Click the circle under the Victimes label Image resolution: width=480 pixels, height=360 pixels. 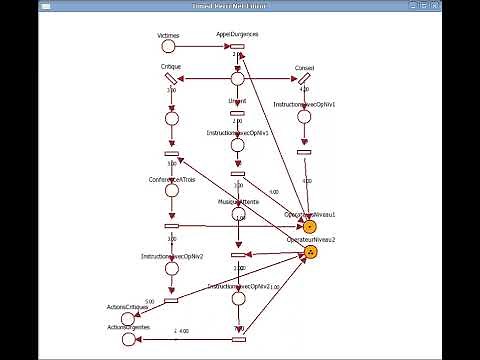(168, 46)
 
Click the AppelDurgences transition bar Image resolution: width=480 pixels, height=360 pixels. (237, 46)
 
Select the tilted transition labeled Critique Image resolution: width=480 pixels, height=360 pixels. (171, 79)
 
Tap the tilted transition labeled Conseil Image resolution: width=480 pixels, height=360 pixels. (304, 79)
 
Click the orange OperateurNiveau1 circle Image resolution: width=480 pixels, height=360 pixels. (310, 227)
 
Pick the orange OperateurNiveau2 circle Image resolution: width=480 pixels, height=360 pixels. (310, 252)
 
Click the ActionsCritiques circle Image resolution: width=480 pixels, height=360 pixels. (127, 318)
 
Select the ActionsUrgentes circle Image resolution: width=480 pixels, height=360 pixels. (127, 340)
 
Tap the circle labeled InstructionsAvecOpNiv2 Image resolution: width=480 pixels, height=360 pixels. (171, 271)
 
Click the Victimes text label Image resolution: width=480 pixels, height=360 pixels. (168, 35)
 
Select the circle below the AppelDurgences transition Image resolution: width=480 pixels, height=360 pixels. (237, 79)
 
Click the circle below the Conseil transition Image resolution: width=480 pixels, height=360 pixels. (304, 117)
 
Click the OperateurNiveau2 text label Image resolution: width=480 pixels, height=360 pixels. (311, 240)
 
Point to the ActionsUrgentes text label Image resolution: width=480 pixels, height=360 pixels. (127, 328)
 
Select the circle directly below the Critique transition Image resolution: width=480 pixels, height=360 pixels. (171, 118)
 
